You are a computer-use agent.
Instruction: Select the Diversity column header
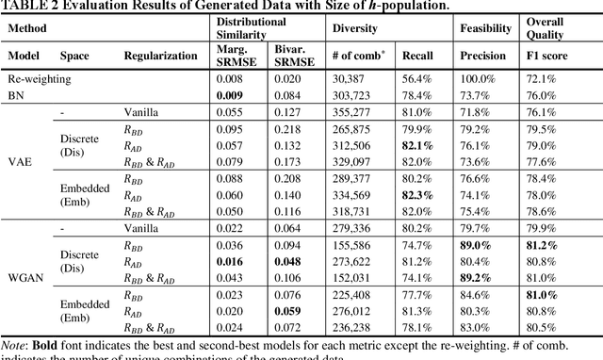coord(354,29)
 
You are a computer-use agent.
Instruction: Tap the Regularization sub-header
coord(157,57)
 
